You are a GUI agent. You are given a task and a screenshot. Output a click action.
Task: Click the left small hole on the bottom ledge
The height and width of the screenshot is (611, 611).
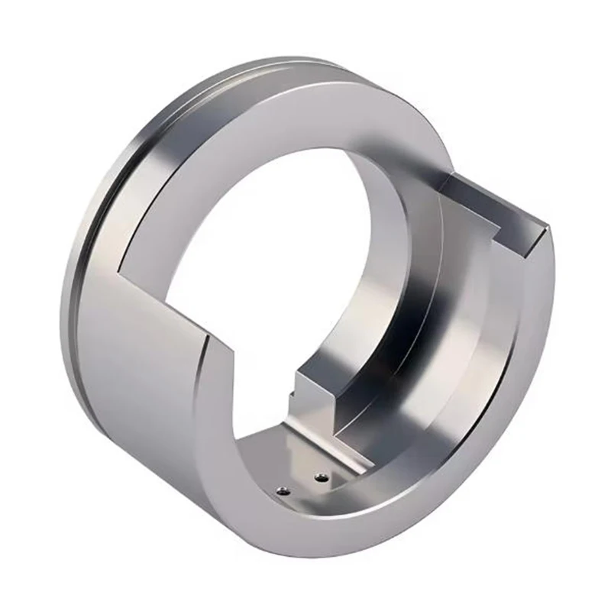tap(283, 490)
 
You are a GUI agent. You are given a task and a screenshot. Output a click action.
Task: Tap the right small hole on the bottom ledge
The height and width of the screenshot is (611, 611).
tap(320, 478)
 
